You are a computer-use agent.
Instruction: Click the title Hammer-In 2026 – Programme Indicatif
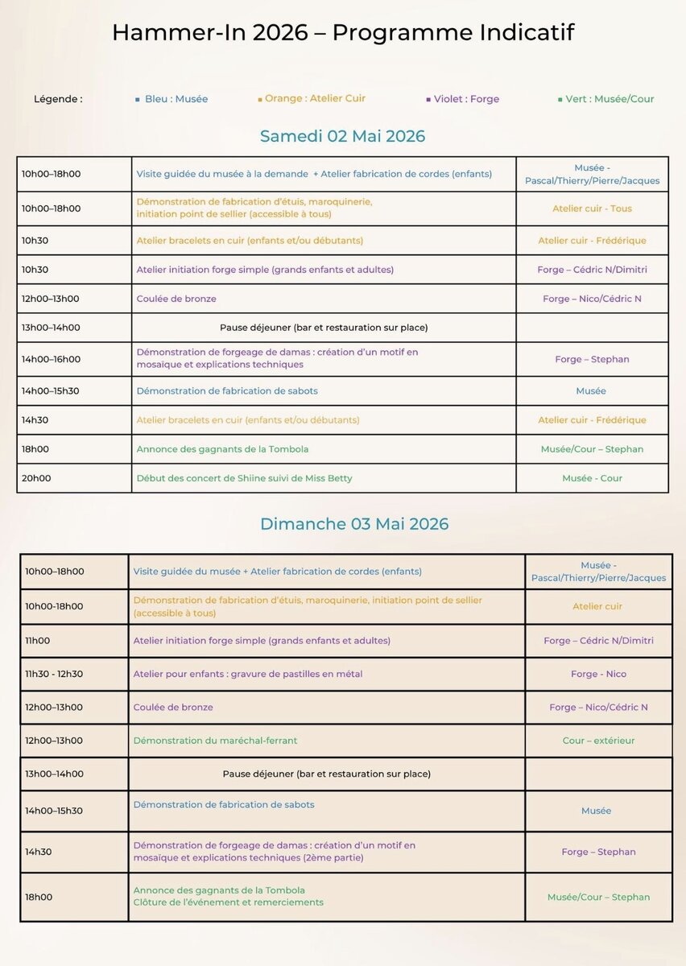(343, 33)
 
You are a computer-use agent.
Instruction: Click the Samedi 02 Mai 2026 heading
(342, 136)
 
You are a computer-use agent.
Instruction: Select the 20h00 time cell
(36, 478)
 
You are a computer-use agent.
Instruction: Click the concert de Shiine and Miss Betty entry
(244, 478)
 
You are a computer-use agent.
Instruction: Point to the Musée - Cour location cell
(592, 478)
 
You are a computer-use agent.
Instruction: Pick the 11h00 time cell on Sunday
(37, 641)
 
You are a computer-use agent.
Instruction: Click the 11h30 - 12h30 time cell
(53, 674)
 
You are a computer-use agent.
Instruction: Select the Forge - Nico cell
(598, 674)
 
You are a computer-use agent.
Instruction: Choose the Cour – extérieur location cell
(598, 741)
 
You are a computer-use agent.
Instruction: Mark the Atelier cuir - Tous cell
(592, 208)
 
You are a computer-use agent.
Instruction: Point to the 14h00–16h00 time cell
(51, 359)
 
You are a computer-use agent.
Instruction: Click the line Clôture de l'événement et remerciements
(228, 902)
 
